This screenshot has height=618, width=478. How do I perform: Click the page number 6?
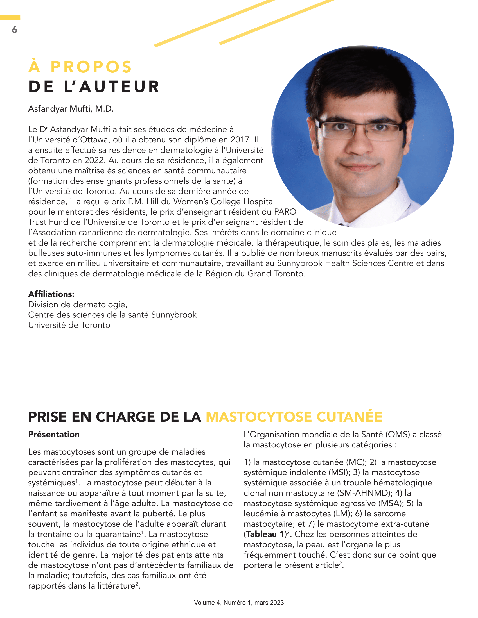pos(14,30)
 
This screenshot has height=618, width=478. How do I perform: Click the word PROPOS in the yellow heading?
pos(91,67)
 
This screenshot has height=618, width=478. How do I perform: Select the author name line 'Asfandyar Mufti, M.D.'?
pos(71,109)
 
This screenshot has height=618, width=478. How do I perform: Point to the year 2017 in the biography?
pos(240,140)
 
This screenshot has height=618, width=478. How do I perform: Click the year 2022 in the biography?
pos(95,160)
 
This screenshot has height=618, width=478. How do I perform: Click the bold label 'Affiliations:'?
pos(51,294)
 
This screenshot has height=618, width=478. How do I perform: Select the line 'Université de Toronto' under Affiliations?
pos(69,325)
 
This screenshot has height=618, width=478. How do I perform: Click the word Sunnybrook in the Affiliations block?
pos(173,315)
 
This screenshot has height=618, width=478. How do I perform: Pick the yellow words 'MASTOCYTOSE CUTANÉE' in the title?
pos(294,417)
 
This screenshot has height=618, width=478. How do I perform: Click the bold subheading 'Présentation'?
pos(54,434)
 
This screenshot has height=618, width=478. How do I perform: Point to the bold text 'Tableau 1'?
pos(265,534)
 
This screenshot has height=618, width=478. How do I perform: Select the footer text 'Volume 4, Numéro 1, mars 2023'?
pos(239,603)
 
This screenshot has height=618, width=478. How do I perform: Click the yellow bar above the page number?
pos(10,17)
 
